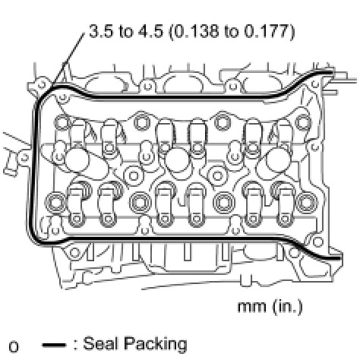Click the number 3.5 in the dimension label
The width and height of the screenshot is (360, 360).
[101, 32]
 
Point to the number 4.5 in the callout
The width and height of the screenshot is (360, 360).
[150, 32]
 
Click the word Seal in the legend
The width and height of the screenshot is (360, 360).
[99, 343]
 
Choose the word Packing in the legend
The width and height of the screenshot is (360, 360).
[155, 345]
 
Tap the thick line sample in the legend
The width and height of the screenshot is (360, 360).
[54, 345]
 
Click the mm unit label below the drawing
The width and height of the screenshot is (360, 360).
[252, 307]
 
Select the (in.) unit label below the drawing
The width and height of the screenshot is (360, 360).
[287, 306]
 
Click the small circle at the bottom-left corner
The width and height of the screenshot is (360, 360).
[14, 347]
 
